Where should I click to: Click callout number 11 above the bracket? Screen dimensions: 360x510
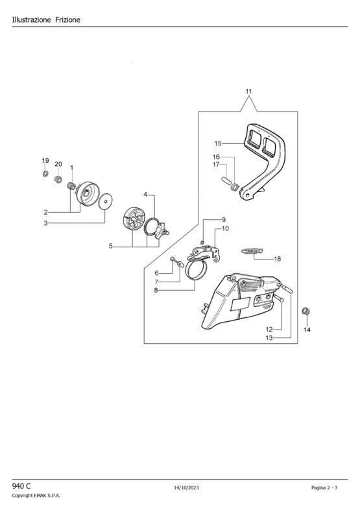pos(248,91)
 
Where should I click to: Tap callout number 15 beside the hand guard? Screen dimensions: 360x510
pos(218,143)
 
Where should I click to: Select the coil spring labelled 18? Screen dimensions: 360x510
pos(252,250)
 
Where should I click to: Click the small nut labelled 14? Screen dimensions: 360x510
pos(306,311)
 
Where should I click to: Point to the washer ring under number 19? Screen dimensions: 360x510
pos(45,173)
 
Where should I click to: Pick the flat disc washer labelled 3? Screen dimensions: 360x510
pos(105,200)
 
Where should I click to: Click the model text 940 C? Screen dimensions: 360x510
pos(21,486)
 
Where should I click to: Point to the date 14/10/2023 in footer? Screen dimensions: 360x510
pos(187,487)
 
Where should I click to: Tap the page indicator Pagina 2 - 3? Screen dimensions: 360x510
pos(324,487)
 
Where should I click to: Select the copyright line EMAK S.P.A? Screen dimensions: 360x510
pos(36,496)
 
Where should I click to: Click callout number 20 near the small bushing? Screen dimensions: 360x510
pos(58,164)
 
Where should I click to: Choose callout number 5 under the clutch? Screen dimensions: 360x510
pos(110,246)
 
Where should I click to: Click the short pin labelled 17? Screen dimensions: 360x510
pos(226,180)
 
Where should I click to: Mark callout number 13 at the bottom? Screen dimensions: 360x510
pos(269,338)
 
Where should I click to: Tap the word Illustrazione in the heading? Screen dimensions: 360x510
pos(32,20)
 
